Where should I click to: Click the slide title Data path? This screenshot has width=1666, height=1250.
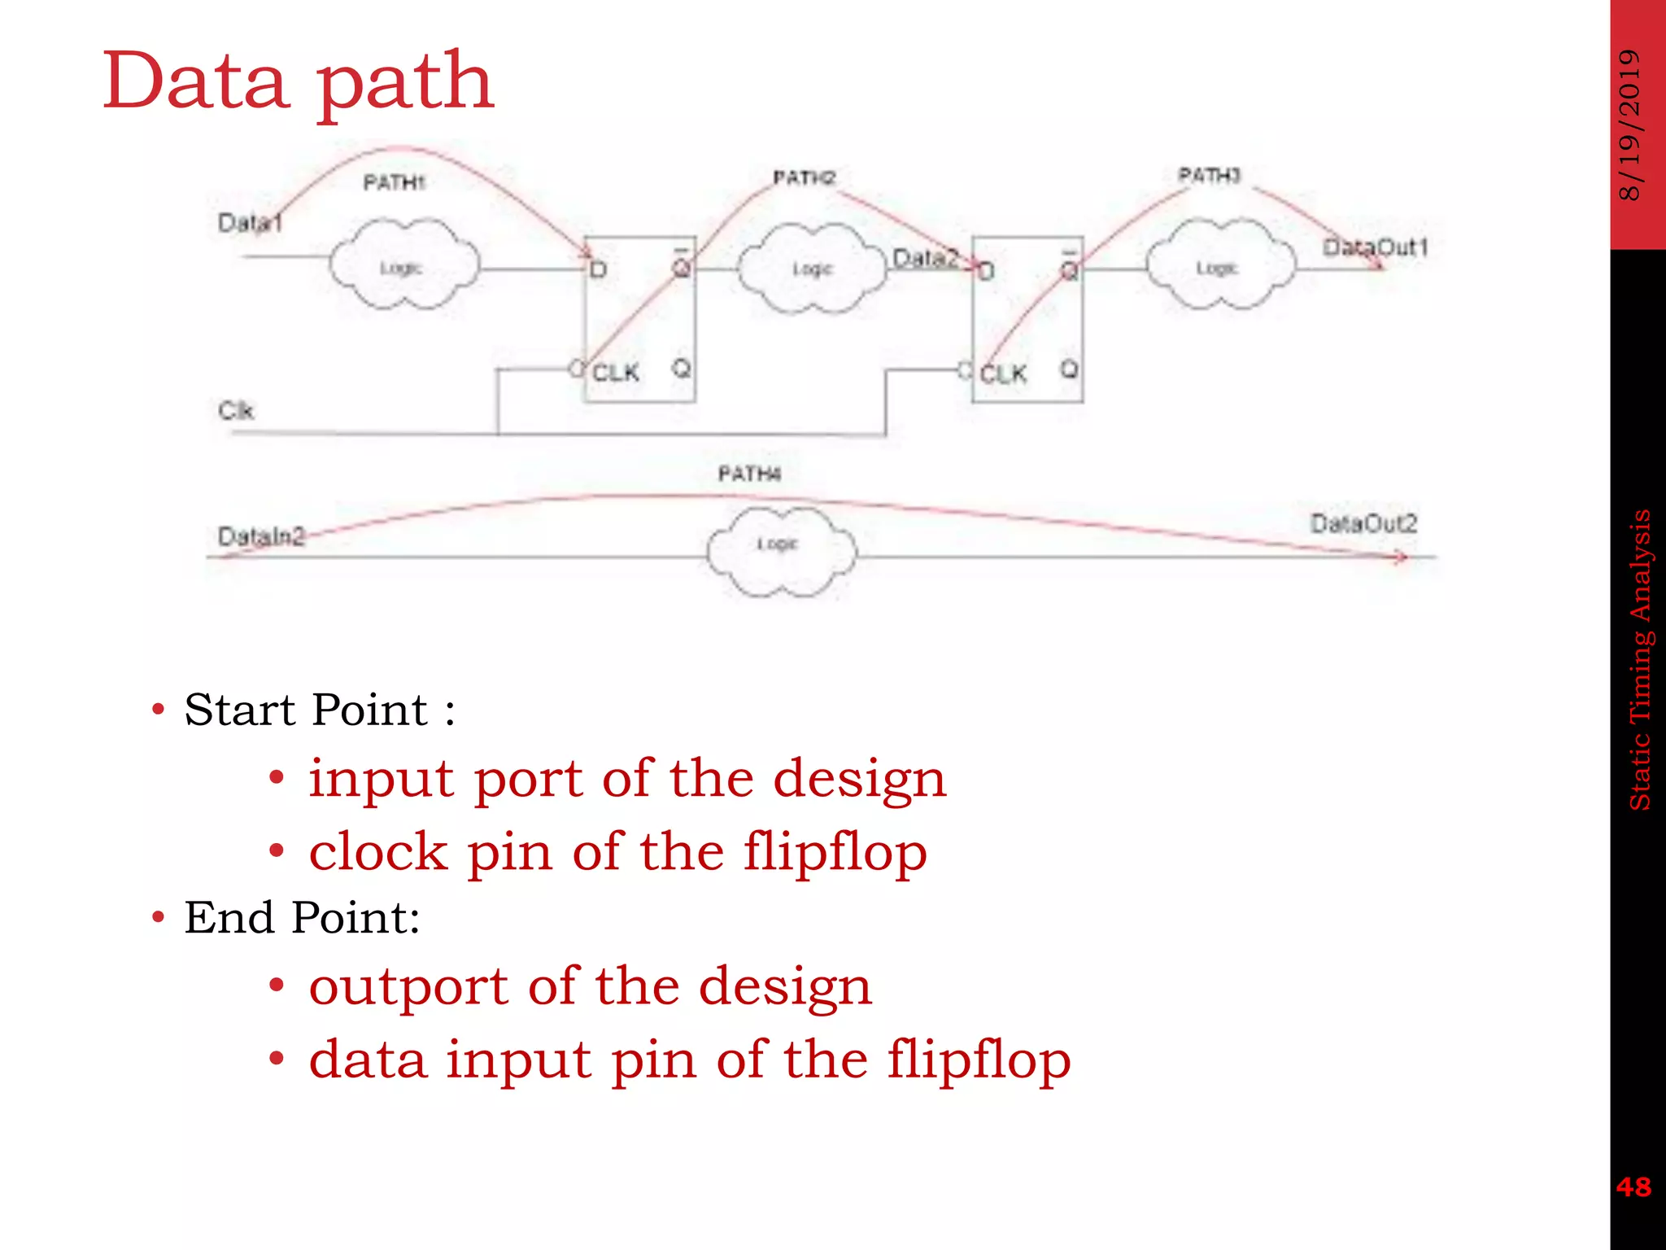point(298,81)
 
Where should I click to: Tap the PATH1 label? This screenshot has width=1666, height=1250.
point(394,182)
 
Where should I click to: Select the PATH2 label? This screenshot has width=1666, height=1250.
point(804,177)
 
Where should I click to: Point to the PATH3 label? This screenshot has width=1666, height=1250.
point(1209,175)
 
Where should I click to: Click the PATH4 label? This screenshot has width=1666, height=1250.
point(749,474)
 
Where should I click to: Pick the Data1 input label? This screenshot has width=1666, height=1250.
point(250,223)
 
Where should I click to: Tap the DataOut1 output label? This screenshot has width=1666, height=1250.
point(1374,247)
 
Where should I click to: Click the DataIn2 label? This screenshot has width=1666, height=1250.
point(261,536)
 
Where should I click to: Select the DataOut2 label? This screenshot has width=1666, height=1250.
point(1363,523)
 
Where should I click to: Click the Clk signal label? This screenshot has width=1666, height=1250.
point(236,410)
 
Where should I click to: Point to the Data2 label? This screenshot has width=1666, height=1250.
point(925,258)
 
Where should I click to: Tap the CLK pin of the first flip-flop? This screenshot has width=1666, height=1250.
point(615,373)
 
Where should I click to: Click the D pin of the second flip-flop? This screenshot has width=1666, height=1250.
point(986,271)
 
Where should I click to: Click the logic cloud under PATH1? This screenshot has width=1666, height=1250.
point(403,265)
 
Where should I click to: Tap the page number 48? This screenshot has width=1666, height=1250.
point(1633,1187)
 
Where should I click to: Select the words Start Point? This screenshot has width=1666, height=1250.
point(306,710)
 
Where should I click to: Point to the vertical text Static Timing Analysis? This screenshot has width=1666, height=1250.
point(1639,659)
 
